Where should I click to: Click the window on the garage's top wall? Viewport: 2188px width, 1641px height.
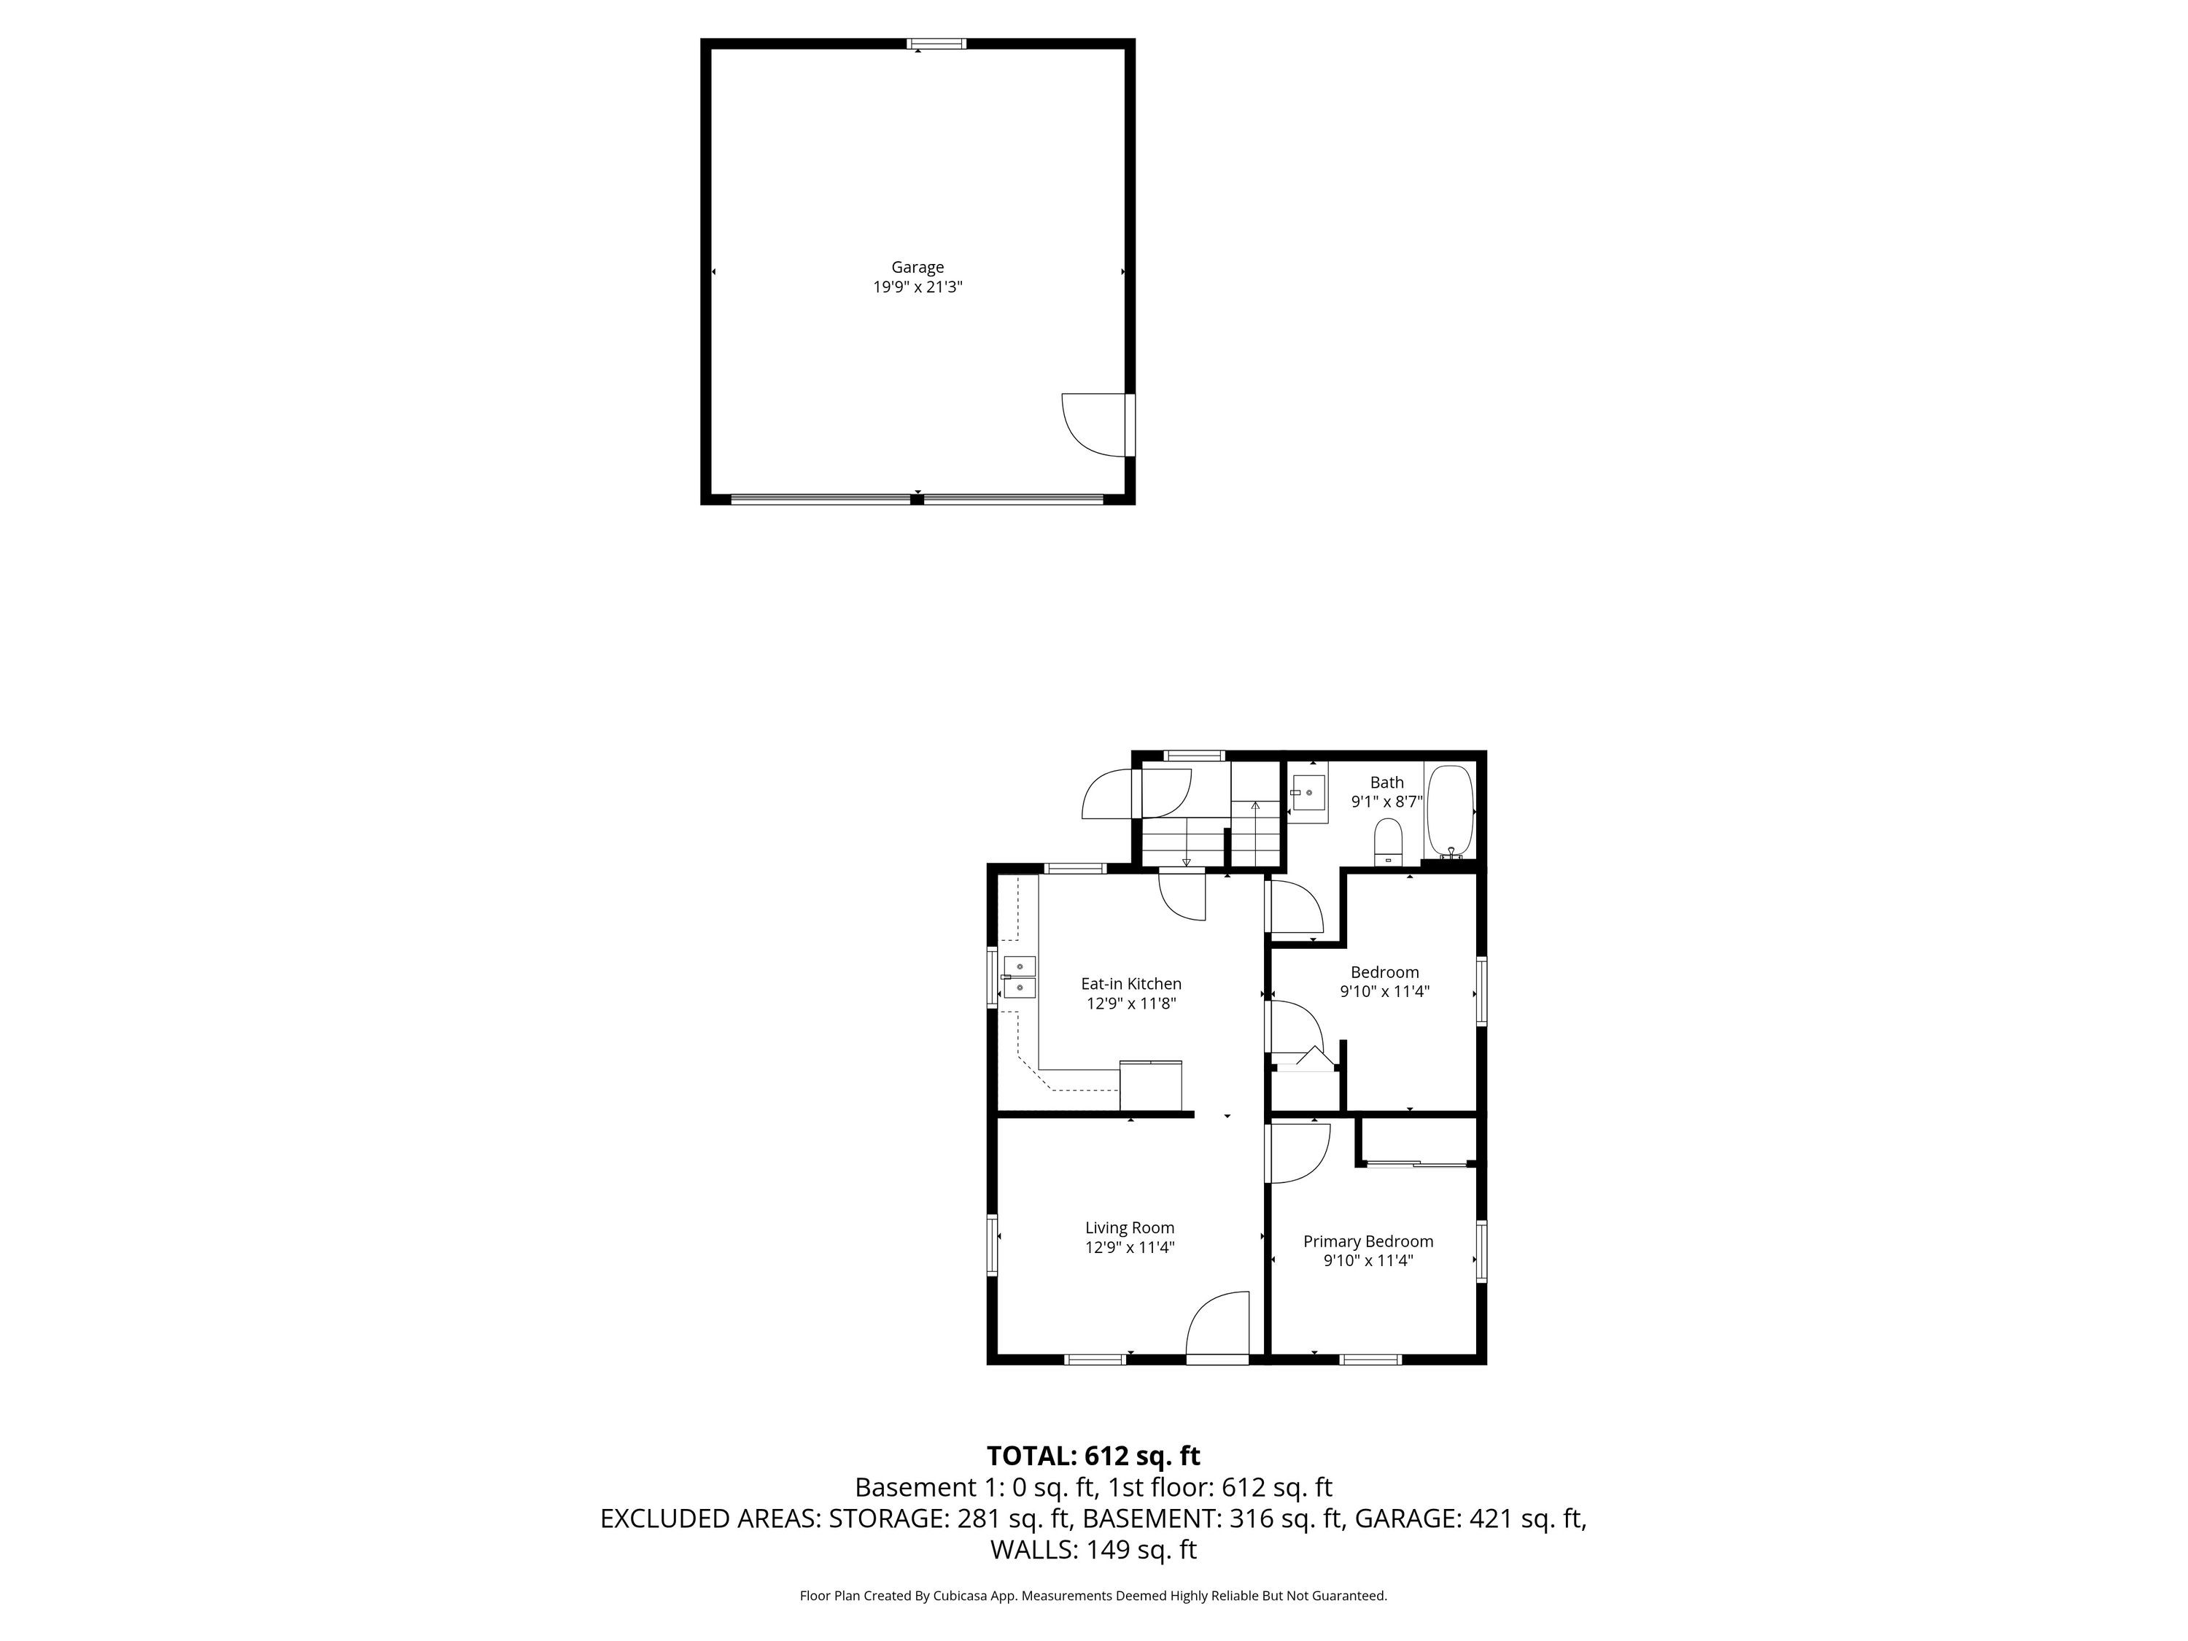936,44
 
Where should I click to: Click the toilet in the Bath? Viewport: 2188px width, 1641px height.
1389,841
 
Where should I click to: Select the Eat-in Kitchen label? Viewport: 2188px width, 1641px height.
1130,984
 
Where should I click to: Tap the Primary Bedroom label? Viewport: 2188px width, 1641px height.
1368,1241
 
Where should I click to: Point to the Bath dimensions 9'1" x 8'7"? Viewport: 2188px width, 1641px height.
1386,802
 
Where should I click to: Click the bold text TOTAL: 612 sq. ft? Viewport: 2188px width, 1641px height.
1093,1456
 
